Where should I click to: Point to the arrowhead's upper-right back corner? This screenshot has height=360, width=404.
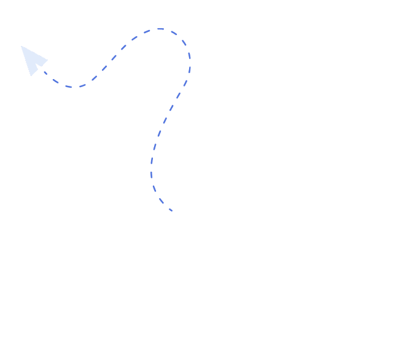point(47,60)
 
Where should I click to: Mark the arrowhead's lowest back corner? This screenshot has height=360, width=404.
point(30,75)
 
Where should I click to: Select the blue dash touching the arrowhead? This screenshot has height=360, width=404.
point(44,73)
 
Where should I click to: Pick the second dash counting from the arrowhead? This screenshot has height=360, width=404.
point(55,82)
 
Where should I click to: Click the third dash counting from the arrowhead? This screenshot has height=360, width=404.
point(68,86)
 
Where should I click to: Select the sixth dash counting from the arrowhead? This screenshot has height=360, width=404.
point(104,69)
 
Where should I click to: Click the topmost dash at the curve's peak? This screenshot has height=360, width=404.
point(160,28)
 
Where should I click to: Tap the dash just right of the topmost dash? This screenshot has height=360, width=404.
point(174,33)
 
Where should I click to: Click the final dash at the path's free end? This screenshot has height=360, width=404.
point(171,210)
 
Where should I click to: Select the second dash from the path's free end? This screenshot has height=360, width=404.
point(161,201)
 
